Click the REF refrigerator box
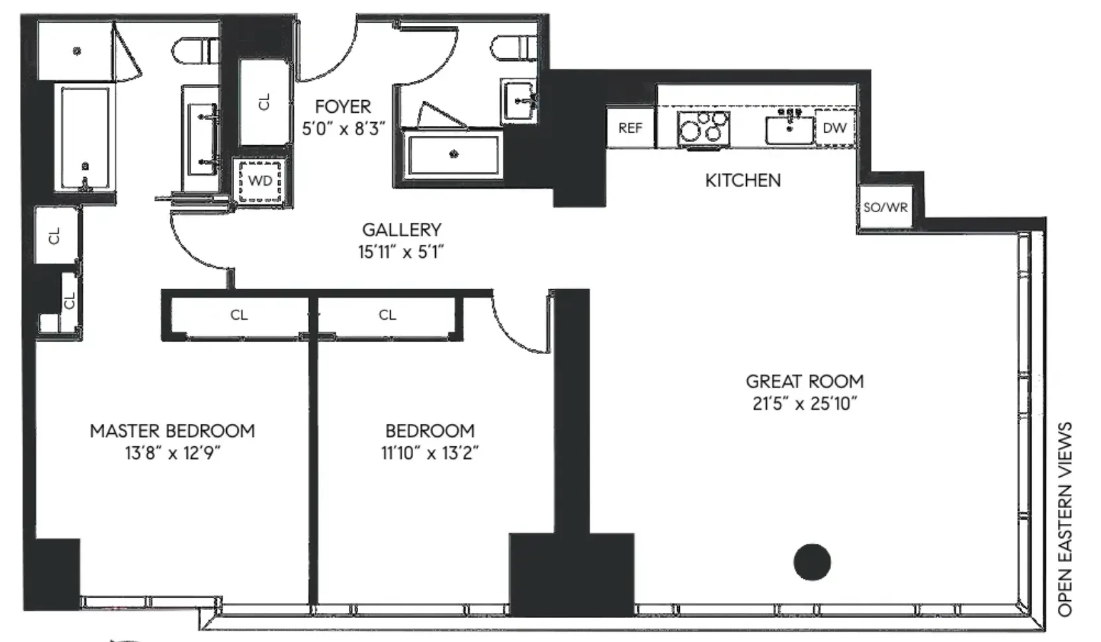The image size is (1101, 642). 629,127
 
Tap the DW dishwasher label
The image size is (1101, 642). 834,127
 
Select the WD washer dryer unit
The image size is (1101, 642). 260,180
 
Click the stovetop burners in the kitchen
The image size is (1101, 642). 703,127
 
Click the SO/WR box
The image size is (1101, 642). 885,208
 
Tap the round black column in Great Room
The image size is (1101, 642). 812,562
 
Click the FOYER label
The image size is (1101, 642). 343,106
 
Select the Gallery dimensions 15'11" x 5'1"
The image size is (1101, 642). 401,252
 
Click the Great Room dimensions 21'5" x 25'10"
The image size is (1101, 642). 805,403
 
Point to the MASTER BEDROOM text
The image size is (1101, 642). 172,430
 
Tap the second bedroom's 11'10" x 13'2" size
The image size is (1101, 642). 430,453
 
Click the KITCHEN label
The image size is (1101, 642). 742,180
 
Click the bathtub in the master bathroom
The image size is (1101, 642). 85,138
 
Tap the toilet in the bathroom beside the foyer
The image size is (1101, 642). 514,48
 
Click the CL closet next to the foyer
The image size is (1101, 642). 264,101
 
